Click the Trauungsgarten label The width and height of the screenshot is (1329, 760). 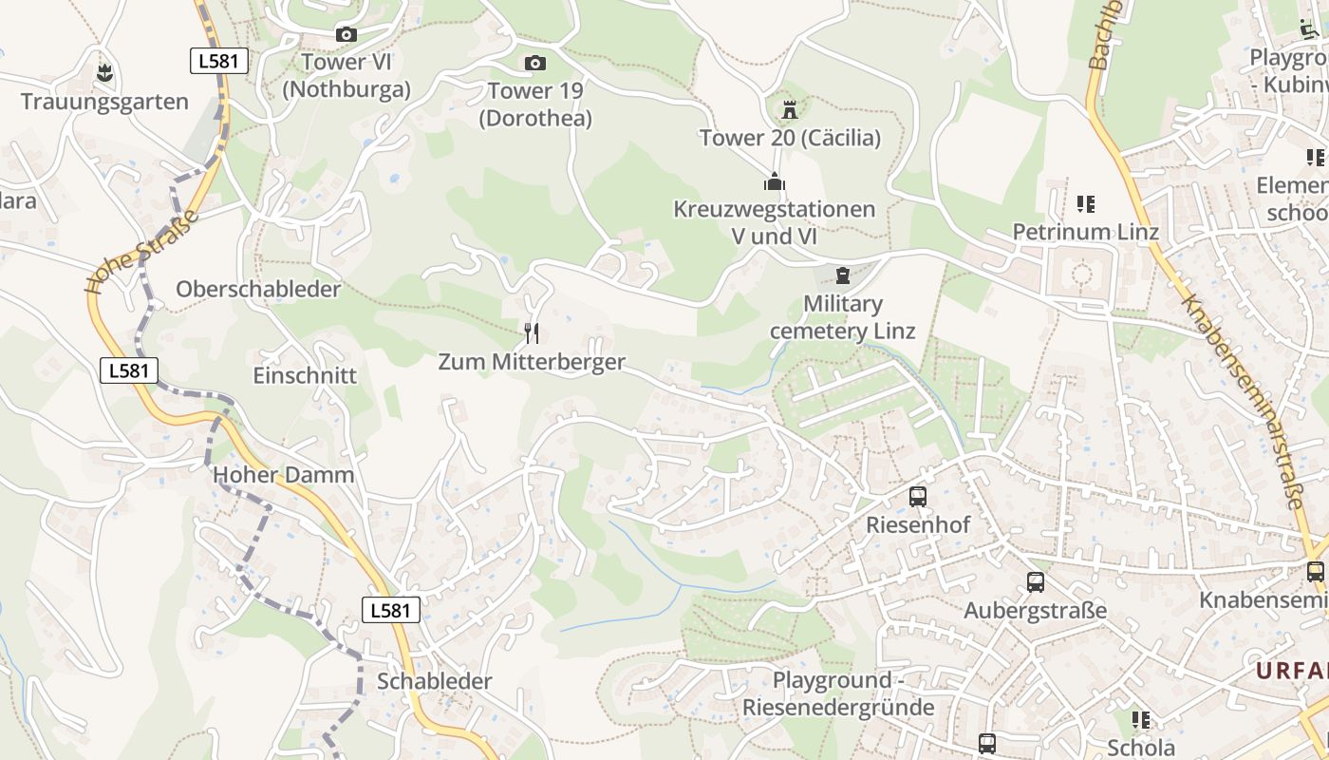(104, 102)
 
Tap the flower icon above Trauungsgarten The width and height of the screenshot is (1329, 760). (104, 71)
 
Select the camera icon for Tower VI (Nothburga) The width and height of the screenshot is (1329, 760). (346, 35)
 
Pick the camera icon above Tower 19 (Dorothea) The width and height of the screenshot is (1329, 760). (535, 64)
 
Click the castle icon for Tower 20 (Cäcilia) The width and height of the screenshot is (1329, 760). (789, 109)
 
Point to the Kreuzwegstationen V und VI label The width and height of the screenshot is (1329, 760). (775, 222)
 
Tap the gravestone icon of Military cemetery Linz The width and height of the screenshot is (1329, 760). (842, 275)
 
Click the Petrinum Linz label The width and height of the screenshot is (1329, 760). (1085, 232)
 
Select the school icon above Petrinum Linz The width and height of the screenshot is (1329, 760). (1086, 203)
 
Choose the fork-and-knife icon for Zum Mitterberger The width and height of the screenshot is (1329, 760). (532, 332)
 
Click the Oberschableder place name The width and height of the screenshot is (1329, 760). (258, 290)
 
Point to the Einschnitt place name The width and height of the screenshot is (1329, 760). (305, 375)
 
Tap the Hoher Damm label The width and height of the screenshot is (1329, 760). (284, 475)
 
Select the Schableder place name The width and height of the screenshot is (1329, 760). (435, 681)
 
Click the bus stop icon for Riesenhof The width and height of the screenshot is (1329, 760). (917, 496)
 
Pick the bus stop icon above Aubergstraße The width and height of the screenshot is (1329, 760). (1035, 581)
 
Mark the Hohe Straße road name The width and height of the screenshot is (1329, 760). (142, 252)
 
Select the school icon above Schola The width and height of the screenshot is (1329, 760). (1140, 719)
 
